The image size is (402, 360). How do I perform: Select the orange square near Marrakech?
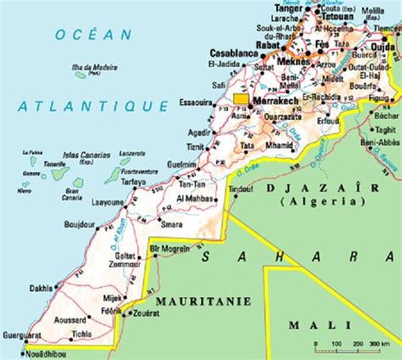coord(241,99)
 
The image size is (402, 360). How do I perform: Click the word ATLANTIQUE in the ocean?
coord(93,106)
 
